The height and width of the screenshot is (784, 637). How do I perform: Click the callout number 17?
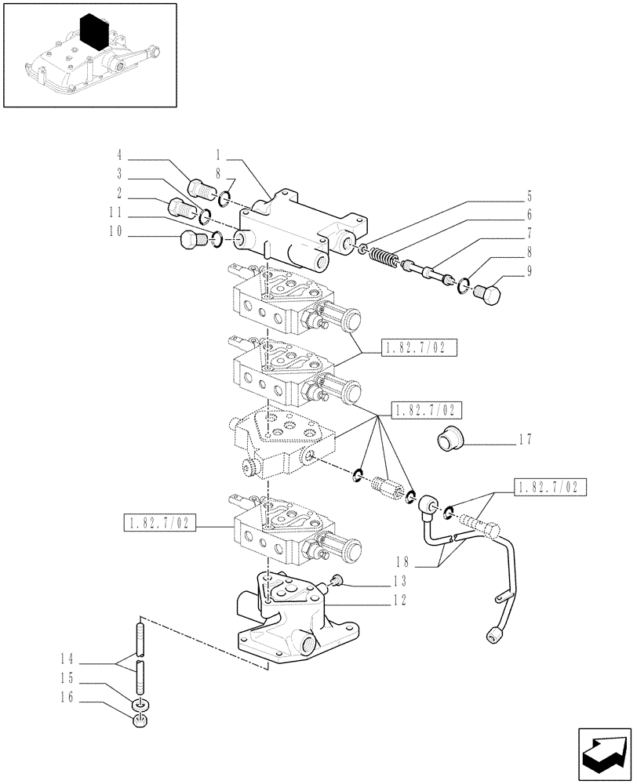(525, 441)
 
